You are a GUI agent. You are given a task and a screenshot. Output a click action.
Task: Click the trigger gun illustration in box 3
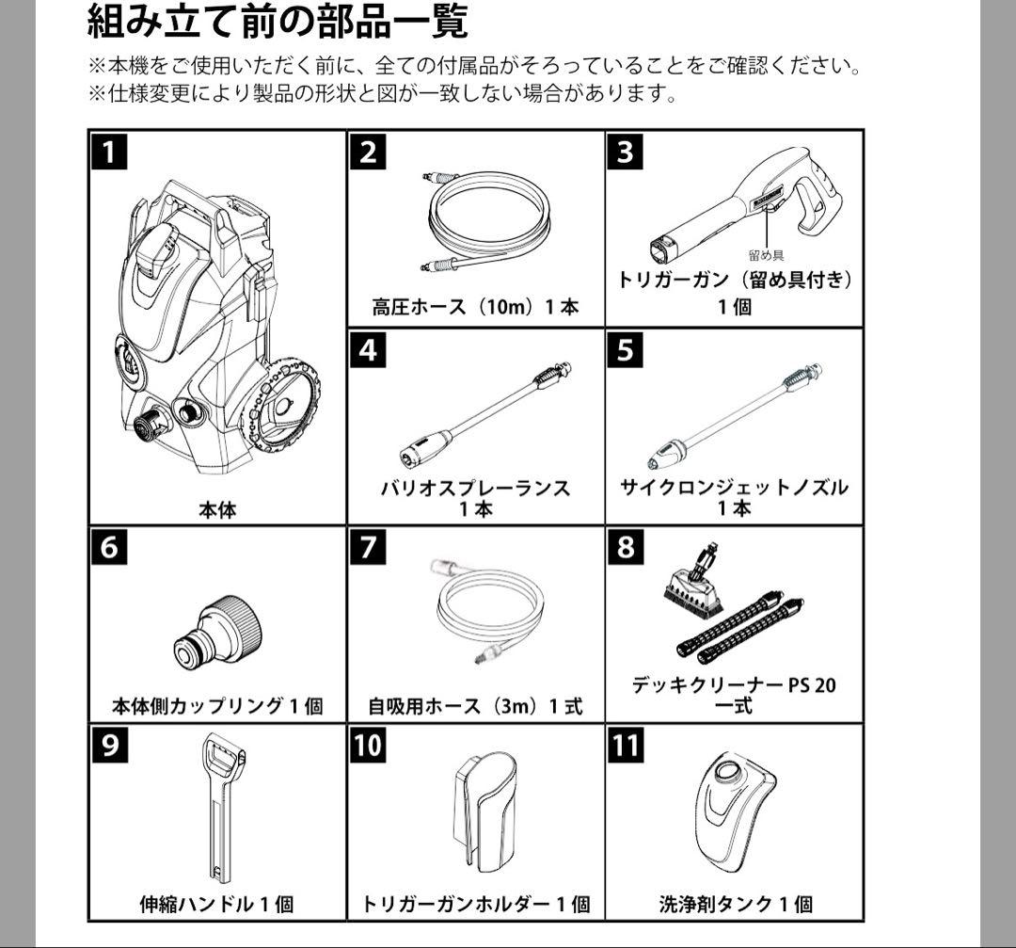click(x=743, y=202)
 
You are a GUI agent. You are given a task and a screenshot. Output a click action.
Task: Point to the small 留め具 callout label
click(x=766, y=255)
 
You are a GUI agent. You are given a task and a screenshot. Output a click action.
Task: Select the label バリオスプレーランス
click(x=475, y=489)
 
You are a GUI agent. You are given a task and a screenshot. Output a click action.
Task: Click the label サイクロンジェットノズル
click(x=734, y=488)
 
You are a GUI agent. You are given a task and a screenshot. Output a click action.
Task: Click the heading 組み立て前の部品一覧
click(x=277, y=21)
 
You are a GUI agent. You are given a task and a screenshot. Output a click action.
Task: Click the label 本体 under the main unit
click(x=217, y=510)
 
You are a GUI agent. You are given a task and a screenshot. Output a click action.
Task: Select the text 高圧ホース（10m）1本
click(x=475, y=307)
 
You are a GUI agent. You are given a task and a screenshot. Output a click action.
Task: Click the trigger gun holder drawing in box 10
click(x=487, y=810)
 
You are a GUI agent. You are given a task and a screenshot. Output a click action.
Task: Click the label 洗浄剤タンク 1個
click(x=735, y=905)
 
